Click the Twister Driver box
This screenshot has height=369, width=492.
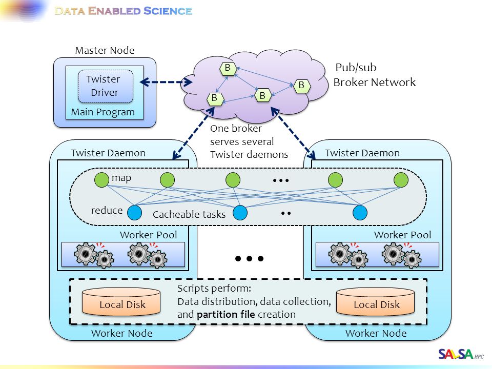pyautogui.click(x=106, y=86)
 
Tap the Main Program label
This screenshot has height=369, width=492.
pyautogui.click(x=103, y=112)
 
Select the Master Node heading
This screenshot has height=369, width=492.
pyautogui.click(x=105, y=50)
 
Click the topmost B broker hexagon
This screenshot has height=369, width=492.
pyautogui.click(x=228, y=68)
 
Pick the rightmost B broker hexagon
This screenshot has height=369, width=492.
pyautogui.click(x=302, y=86)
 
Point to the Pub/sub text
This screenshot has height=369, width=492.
pyautogui.click(x=356, y=68)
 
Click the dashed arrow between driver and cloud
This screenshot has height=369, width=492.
pyautogui.click(x=166, y=82)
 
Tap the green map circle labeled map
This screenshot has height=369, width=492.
pyautogui.click(x=101, y=180)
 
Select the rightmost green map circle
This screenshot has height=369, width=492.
pyautogui.click(x=401, y=180)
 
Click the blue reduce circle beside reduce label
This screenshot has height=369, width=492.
pyautogui.click(x=134, y=213)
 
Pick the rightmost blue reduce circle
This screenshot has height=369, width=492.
pyautogui.click(x=360, y=213)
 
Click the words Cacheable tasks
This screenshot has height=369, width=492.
pyautogui.click(x=189, y=214)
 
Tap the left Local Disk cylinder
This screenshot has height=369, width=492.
pyautogui.click(x=121, y=301)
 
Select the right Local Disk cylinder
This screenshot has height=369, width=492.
pyautogui.click(x=375, y=301)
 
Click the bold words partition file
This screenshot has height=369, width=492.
pyautogui.click(x=225, y=314)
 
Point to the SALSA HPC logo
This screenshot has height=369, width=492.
pyautogui.click(x=461, y=354)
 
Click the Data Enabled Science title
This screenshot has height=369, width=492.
pyautogui.click(x=124, y=11)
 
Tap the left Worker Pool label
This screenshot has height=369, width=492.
pyautogui.click(x=149, y=235)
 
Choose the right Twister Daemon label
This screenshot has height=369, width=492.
pyautogui.click(x=362, y=153)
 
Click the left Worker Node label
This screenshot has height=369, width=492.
pyautogui.click(x=122, y=333)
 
